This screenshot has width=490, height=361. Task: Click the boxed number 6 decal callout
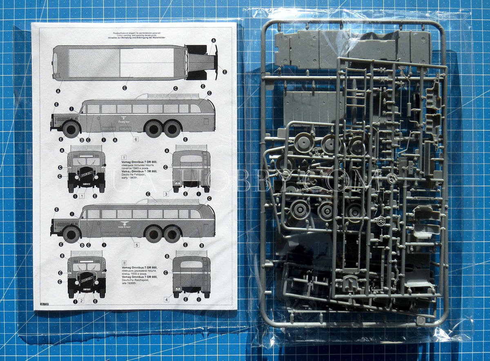136,139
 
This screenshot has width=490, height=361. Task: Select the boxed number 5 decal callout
137,245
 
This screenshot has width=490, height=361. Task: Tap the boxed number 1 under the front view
82,196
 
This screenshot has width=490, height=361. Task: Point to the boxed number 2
82,301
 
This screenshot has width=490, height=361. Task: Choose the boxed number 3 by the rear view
166,194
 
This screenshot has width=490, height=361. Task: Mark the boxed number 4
166,299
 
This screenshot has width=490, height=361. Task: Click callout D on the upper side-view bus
82,140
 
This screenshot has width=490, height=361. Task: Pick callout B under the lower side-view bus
202,245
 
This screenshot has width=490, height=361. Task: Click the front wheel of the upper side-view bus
71,129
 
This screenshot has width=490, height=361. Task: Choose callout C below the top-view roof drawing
125,88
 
